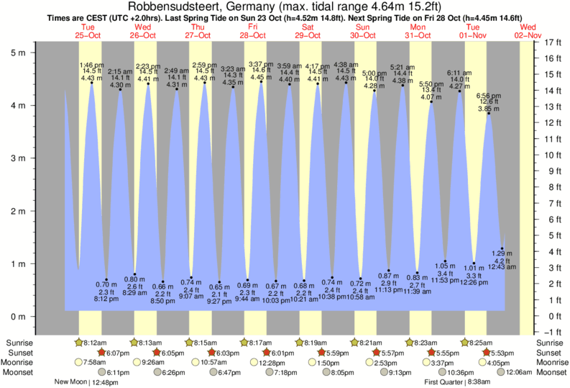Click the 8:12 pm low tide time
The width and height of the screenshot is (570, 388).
pos(106,299)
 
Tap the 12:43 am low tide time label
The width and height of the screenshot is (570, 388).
pos(502,267)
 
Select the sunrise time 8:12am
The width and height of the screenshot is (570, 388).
pos(96,343)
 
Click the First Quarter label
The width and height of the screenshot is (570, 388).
pos(446,382)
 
